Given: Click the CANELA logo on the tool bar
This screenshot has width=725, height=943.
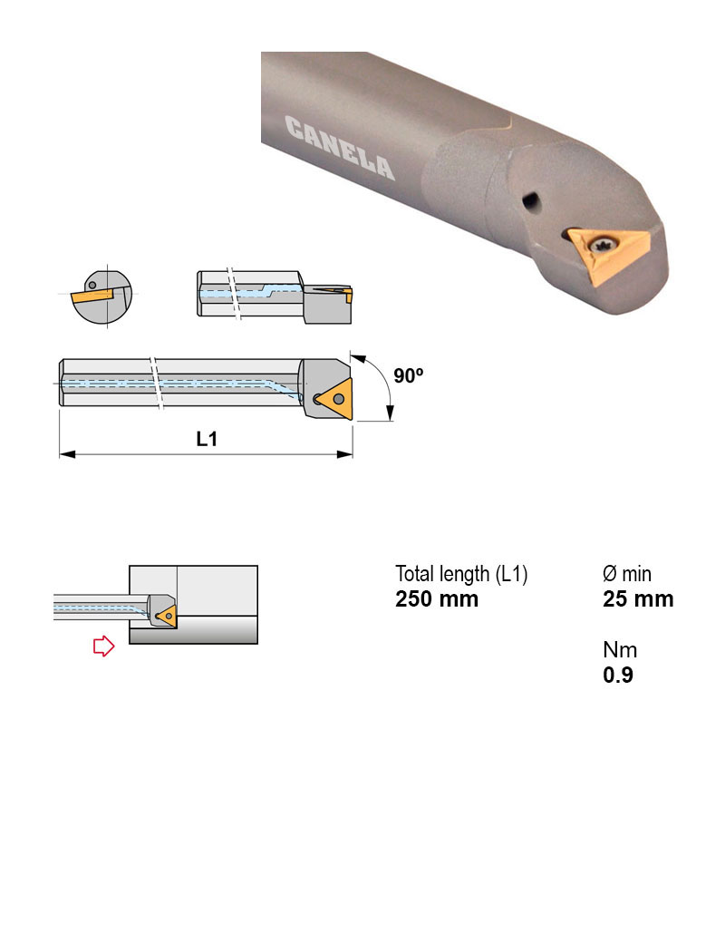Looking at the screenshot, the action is click(x=340, y=148).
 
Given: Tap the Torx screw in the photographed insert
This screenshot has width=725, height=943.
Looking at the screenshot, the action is click(x=600, y=245).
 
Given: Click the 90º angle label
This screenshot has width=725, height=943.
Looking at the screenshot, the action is click(x=408, y=375).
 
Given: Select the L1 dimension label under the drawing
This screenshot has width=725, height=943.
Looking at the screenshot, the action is click(x=207, y=439).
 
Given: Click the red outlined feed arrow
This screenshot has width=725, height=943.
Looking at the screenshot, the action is click(x=103, y=646).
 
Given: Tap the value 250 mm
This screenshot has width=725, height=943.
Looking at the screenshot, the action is click(x=437, y=599).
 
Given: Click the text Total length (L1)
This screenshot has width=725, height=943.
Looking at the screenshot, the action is click(x=461, y=574).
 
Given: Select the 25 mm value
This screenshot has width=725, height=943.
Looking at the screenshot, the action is click(x=638, y=599).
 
